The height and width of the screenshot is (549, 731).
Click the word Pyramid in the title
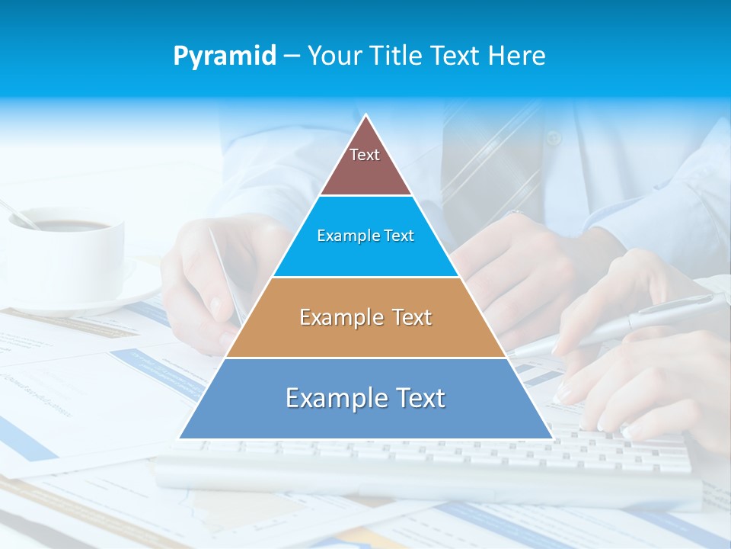(225, 56)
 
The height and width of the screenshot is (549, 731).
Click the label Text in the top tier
(365, 155)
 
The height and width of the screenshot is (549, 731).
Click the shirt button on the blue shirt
(554, 139)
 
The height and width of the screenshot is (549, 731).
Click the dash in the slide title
(291, 56)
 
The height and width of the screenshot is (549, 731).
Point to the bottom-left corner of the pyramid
(180, 438)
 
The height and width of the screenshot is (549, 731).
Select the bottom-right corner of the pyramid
(552, 438)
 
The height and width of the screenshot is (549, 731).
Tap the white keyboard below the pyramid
(426, 465)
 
